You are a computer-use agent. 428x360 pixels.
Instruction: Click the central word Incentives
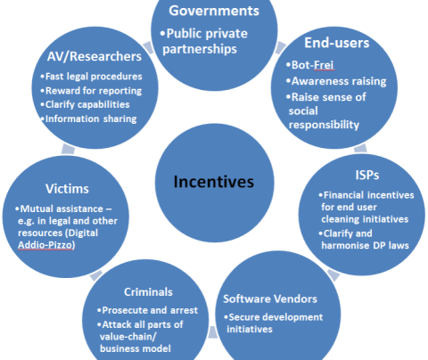tap(214, 182)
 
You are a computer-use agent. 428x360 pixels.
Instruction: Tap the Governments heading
tap(214, 11)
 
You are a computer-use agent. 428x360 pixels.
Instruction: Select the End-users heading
tap(337, 43)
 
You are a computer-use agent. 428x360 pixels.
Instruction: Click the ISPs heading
tap(367, 175)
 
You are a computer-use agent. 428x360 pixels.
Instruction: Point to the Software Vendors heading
tap(270, 299)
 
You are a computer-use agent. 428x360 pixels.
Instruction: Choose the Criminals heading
tap(148, 292)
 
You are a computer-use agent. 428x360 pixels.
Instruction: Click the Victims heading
tap(67, 189)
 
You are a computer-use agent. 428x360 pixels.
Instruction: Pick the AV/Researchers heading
tap(95, 56)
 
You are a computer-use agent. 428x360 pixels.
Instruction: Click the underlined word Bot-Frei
tap(312, 65)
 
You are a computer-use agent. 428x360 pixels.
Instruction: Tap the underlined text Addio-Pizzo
tap(46, 245)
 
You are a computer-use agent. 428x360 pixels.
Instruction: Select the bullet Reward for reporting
tap(94, 91)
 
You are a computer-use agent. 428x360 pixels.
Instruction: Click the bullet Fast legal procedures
tap(94, 77)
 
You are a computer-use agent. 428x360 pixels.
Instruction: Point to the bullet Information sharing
tap(91, 119)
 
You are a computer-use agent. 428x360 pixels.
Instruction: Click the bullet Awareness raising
tap(339, 81)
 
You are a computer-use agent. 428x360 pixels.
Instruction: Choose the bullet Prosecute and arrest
tap(150, 310)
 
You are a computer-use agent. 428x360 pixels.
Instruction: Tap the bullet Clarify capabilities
tap(87, 104)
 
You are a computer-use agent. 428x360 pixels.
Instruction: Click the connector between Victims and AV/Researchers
tap(68, 150)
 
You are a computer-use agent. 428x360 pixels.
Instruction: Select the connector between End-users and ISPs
tap(360, 148)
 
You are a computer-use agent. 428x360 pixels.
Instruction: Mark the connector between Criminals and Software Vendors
tap(212, 331)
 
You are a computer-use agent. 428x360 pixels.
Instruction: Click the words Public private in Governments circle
tap(207, 34)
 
